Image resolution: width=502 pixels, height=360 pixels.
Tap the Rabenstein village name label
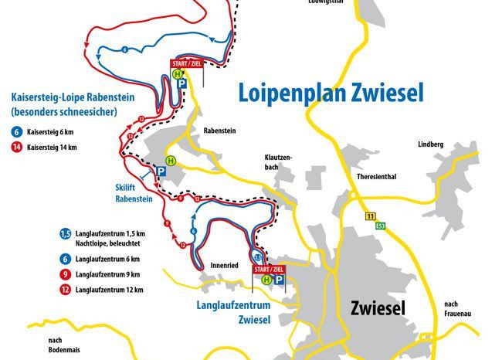tap(219, 131)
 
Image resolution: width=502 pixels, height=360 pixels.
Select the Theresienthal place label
tap(376, 176)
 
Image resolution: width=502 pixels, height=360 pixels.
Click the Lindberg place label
tap(430, 144)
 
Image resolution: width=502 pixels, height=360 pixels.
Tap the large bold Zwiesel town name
tap(378, 307)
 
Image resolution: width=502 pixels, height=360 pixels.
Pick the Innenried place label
tap(224, 265)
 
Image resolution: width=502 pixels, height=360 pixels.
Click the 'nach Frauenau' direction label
tap(457, 308)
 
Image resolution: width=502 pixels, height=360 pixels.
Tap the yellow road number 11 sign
tap(371, 216)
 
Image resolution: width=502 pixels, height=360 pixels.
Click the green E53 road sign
tap(381, 226)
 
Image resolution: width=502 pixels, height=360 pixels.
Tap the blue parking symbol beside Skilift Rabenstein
tap(161, 172)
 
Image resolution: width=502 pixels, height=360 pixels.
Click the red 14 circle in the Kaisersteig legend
tap(15, 147)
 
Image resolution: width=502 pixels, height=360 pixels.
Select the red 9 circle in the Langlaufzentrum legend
tap(66, 274)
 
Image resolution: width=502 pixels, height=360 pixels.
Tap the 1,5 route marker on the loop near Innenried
tap(257, 256)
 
